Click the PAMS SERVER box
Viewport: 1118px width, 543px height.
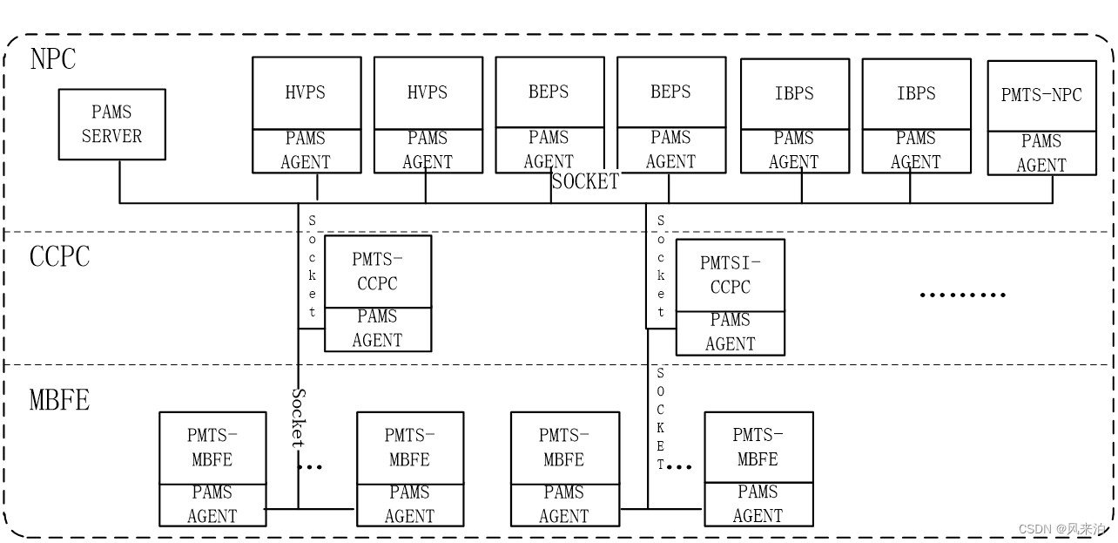coord(111,124)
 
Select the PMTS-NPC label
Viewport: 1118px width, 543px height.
coord(1041,95)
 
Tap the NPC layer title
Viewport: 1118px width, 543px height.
coord(53,59)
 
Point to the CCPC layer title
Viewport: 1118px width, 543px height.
coord(59,257)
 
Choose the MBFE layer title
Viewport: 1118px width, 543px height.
coord(59,400)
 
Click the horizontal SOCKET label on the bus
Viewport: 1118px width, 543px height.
coord(585,181)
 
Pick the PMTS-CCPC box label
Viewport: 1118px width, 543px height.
coord(377,271)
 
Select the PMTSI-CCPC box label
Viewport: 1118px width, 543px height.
coord(730,275)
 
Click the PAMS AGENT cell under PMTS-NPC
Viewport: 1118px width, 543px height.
coord(1041,153)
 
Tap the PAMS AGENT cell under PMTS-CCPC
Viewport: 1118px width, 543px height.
coord(377,329)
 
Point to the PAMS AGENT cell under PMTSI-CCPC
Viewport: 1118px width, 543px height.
coord(730,332)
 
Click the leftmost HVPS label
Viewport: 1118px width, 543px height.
coord(306,92)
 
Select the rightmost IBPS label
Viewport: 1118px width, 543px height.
coord(916,93)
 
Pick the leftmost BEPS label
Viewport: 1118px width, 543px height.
coord(549,92)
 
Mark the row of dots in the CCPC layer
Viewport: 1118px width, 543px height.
coord(962,295)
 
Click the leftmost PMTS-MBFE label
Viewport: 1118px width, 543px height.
coord(212,447)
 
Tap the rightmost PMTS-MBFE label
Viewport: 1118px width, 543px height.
coord(758,446)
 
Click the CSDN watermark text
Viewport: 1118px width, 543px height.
coord(1062,529)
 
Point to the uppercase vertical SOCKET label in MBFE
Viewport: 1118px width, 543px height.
coord(660,418)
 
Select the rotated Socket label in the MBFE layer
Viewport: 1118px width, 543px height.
coord(298,417)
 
